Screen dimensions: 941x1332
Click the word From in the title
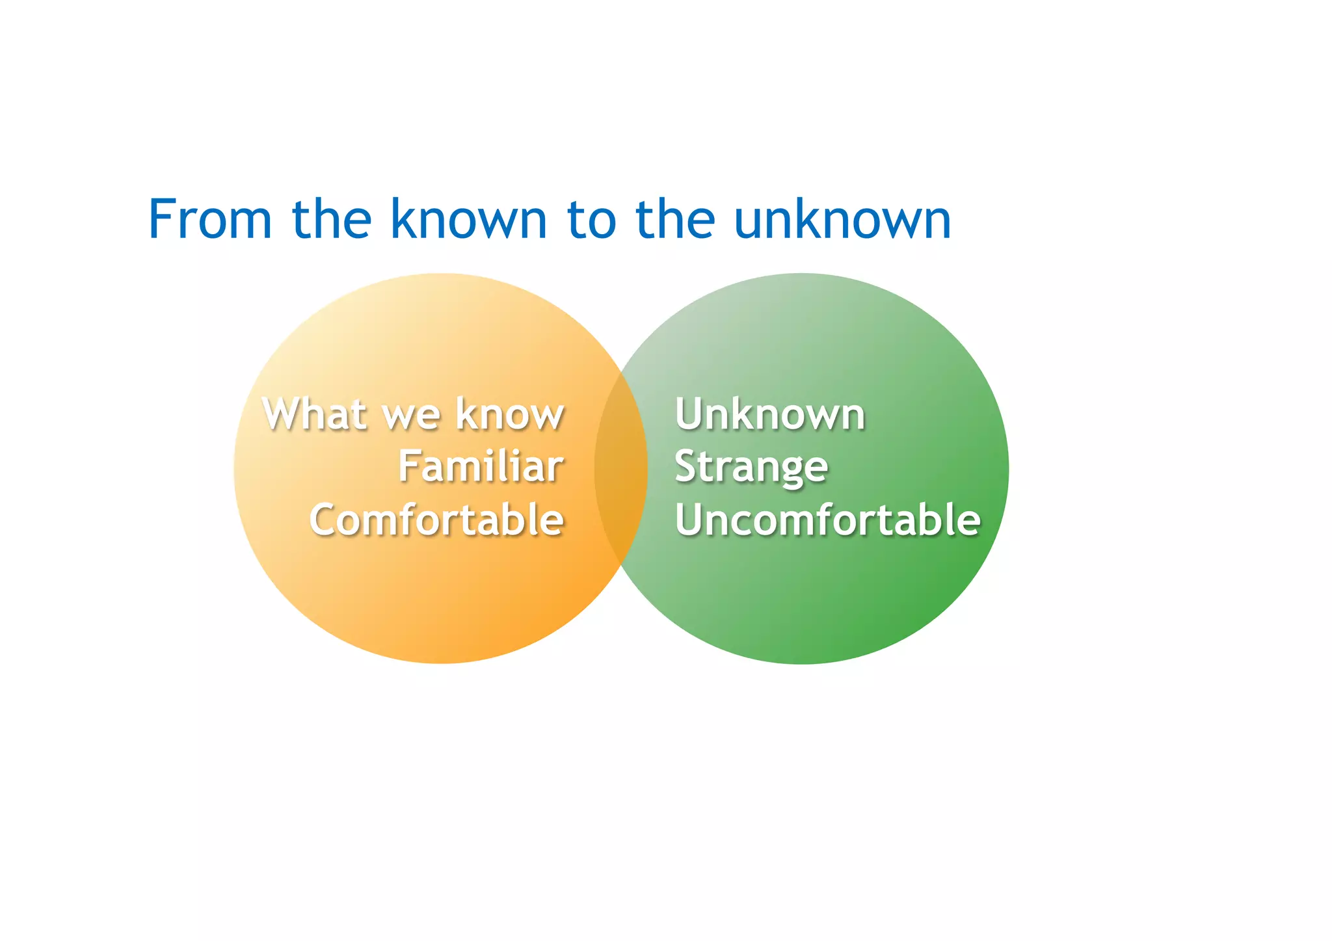click(x=209, y=219)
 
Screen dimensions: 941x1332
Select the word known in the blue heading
click(x=468, y=219)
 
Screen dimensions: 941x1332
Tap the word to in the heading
click(x=591, y=219)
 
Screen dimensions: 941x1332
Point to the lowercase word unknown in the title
click(x=842, y=219)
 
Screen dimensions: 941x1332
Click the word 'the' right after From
click(x=332, y=219)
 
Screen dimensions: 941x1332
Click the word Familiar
click(x=481, y=466)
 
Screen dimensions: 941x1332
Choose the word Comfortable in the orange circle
click(x=436, y=520)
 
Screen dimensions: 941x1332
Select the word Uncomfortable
click(x=827, y=520)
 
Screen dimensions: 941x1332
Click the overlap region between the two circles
click(x=621, y=468)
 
